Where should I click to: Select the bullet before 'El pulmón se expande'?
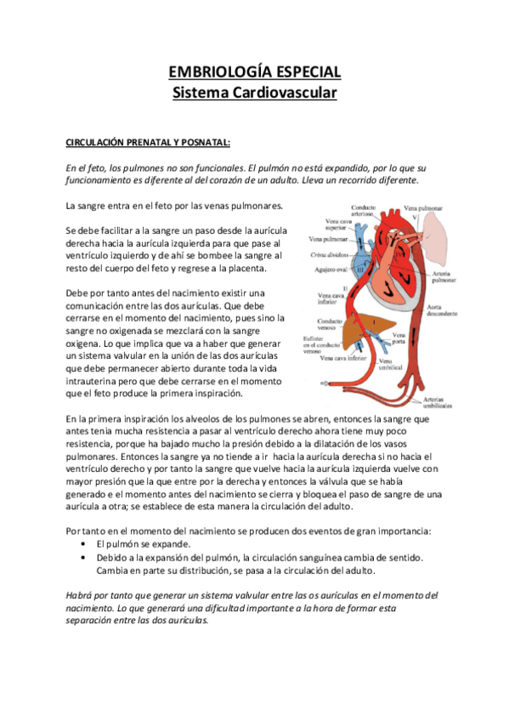(82, 542)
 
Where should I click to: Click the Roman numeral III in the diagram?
(360, 270)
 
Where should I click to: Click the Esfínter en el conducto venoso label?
(322, 343)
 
